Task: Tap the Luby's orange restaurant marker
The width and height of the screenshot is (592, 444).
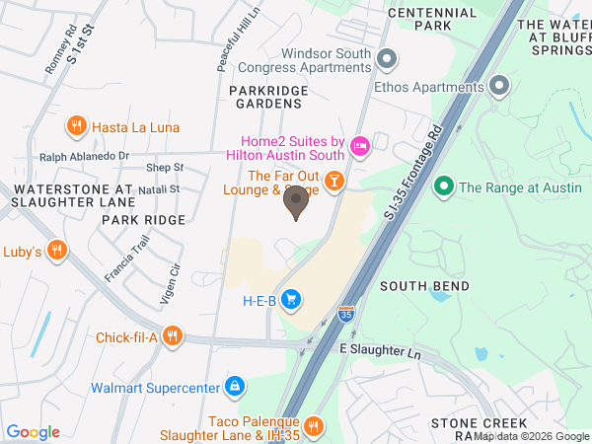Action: click(57, 252)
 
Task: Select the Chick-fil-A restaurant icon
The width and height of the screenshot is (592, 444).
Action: click(173, 337)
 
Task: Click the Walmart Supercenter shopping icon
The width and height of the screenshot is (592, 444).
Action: click(234, 387)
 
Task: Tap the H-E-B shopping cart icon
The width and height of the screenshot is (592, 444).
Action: click(290, 299)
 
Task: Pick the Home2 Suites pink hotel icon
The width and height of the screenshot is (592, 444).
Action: click(360, 147)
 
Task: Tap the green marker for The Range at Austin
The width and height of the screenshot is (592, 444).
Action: click(444, 185)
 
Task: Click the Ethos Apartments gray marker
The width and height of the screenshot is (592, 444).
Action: click(499, 86)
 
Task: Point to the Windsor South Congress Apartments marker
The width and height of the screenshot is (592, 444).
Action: click(387, 59)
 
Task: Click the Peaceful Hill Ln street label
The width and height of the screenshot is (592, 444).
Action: click(226, 39)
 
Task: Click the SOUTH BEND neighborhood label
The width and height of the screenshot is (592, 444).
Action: click(416, 286)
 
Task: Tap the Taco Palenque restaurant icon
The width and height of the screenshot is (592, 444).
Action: click(314, 426)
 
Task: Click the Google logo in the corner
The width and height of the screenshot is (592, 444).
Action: click(34, 431)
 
